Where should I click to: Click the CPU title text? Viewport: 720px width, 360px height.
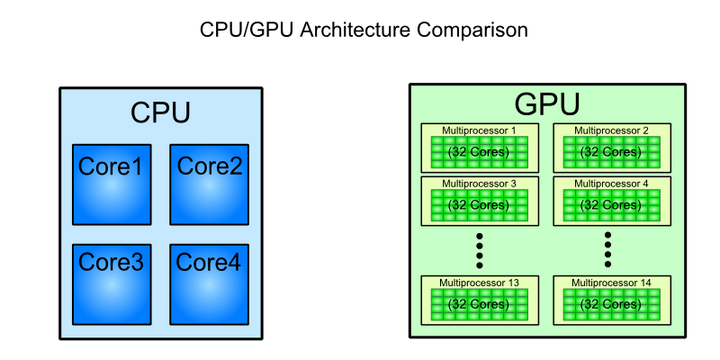click(x=160, y=113)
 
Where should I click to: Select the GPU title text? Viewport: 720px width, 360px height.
click(x=547, y=105)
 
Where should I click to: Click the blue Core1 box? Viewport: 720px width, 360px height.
click(x=111, y=183)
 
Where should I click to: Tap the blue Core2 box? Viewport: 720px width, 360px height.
click(x=209, y=183)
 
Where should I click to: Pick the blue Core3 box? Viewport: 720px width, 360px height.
click(x=111, y=281)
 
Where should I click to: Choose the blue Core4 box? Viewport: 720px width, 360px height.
click(x=209, y=281)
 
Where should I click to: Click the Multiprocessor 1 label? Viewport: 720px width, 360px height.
click(x=479, y=130)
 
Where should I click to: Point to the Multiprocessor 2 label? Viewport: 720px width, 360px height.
click(x=611, y=130)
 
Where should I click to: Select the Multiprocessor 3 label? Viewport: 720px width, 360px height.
click(x=479, y=183)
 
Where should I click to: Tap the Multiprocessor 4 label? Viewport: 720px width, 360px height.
click(x=611, y=183)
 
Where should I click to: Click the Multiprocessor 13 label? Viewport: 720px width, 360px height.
click(x=479, y=283)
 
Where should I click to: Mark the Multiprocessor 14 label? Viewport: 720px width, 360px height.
click(x=611, y=283)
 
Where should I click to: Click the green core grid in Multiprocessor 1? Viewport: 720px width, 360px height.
click(x=479, y=152)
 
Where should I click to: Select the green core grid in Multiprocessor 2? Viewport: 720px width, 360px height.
click(x=611, y=152)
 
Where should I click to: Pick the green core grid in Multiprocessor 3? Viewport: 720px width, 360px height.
click(x=479, y=205)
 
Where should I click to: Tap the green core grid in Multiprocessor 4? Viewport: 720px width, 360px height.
click(x=611, y=205)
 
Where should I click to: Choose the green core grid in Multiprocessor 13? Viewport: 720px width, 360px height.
click(x=479, y=304)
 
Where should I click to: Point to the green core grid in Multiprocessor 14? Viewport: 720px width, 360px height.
click(x=611, y=304)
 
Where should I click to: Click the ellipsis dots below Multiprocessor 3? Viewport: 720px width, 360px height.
click(x=480, y=246)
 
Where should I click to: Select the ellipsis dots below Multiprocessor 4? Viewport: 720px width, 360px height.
click(x=609, y=246)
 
